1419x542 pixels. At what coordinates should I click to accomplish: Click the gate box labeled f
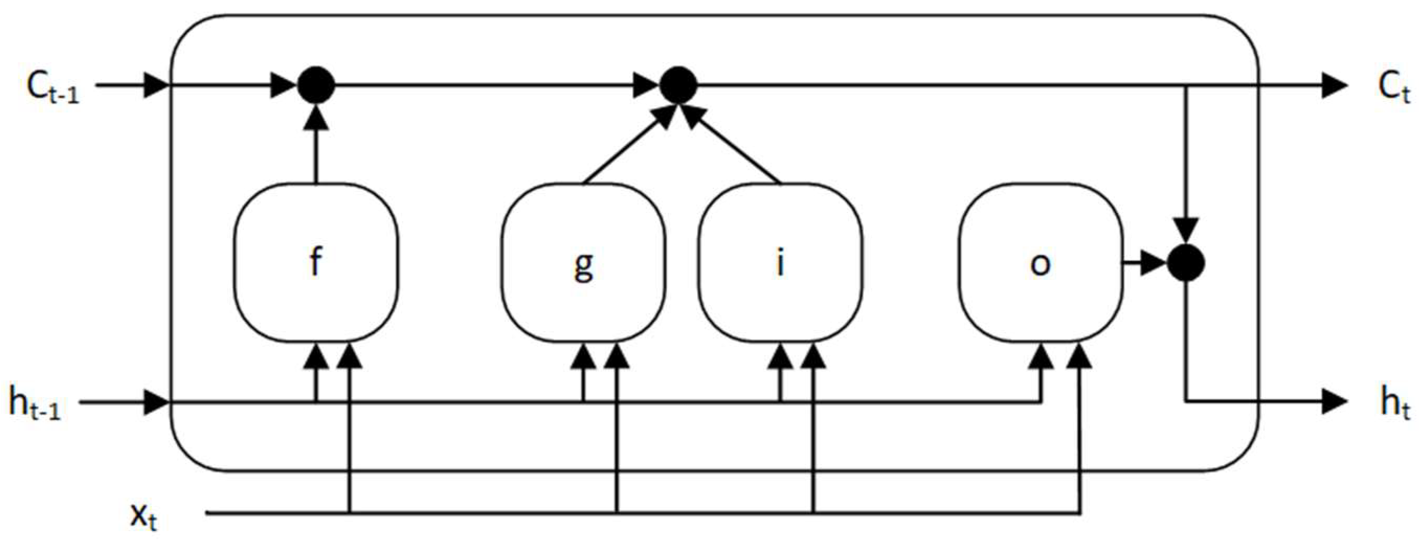(316, 262)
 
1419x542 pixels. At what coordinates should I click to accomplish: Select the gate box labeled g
(583, 262)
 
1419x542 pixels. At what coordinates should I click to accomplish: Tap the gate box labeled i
(780, 262)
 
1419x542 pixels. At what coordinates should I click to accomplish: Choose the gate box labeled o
(1040, 262)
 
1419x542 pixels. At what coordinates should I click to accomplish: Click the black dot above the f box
(316, 85)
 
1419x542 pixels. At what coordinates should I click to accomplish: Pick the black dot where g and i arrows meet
(679, 85)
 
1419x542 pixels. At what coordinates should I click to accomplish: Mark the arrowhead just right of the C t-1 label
(156, 85)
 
